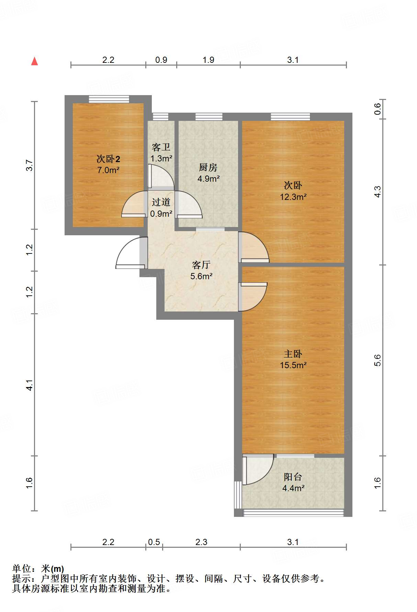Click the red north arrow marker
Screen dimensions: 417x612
[x=34, y=61]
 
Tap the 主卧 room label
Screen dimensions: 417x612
[x=293, y=354]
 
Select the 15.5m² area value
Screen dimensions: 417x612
[x=293, y=365]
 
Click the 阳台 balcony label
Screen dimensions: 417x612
[x=293, y=477]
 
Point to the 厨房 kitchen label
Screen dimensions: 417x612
[x=208, y=167]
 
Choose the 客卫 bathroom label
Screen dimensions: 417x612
[x=161, y=147]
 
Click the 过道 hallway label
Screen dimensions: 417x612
[x=161, y=202]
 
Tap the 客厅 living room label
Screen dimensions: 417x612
[x=201, y=265]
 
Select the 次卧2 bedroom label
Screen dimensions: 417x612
[x=108, y=159]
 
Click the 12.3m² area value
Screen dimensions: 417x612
[x=293, y=197]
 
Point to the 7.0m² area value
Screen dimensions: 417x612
[x=108, y=170]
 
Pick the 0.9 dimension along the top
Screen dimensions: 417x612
[x=161, y=60]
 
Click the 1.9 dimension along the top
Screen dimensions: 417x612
[x=208, y=60]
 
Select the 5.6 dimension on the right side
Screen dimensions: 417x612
[x=377, y=360]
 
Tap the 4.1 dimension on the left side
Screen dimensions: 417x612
[x=30, y=385]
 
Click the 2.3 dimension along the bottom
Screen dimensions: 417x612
[x=201, y=542]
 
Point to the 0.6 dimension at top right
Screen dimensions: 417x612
[x=377, y=109]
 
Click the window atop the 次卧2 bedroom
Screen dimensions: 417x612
[x=109, y=99]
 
